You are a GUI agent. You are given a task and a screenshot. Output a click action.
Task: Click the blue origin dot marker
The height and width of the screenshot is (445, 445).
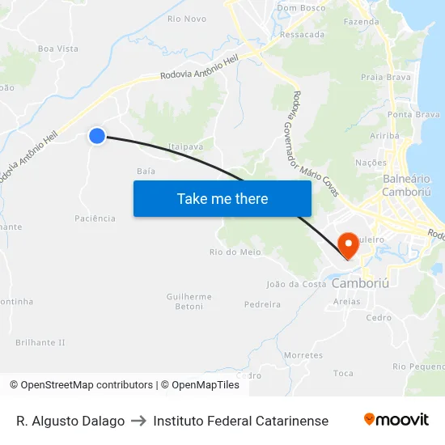click(97, 136)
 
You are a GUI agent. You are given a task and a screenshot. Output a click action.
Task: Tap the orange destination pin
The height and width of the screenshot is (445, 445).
click(348, 244)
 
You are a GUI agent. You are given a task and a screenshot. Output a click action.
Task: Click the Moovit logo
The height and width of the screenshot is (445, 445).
click(396, 420)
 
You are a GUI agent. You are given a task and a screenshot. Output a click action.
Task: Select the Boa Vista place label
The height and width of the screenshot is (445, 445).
click(57, 49)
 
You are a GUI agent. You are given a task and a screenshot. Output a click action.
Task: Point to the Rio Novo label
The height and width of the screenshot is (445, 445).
click(186, 19)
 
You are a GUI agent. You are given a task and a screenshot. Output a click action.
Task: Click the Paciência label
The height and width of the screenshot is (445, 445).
click(95, 218)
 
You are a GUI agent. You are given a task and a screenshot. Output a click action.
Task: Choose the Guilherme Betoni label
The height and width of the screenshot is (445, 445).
click(189, 302)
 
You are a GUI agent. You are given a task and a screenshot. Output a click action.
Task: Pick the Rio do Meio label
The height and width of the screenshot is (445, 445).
click(235, 252)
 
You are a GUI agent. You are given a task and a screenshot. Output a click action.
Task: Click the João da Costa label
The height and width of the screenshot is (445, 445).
click(296, 284)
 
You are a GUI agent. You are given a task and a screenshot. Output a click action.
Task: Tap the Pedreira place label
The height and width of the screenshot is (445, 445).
click(262, 305)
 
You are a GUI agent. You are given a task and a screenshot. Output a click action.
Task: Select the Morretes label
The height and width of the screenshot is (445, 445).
click(303, 355)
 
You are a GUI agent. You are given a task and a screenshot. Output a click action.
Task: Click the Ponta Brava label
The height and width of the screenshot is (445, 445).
click(413, 115)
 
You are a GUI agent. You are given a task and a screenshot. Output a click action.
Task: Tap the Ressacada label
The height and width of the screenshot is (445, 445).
click(302, 35)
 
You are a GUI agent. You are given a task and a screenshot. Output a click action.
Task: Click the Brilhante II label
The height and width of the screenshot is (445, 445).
click(40, 342)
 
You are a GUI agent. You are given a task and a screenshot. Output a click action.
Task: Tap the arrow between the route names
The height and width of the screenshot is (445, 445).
click(138, 421)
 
